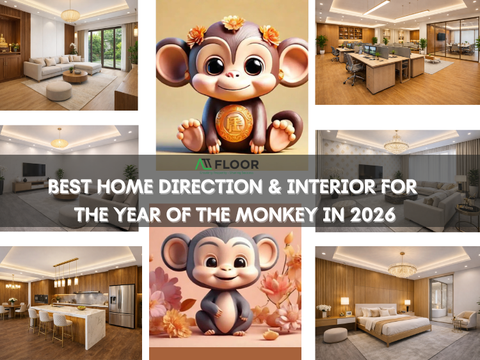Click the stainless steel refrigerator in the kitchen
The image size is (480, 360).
pos(121,304)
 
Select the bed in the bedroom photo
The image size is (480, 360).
pos(389,322)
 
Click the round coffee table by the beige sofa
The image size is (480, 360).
pos(75,75)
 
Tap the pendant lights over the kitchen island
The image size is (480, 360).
pos(66,272)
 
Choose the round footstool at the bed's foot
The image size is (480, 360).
pos(336,334)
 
